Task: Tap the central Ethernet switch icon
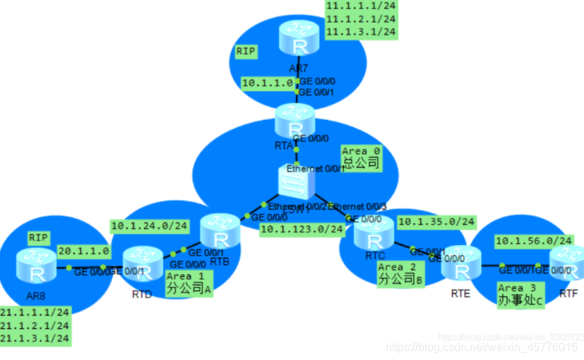[x=297, y=185]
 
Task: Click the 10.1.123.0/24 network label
[x=302, y=229]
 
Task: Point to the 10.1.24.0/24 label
[x=150, y=226]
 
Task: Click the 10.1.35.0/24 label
[x=436, y=222]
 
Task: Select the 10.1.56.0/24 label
[x=532, y=241]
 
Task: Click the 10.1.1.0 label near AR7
[x=268, y=83]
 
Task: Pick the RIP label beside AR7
[x=246, y=52]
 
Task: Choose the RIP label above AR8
[x=38, y=238]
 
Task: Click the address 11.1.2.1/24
[x=360, y=19]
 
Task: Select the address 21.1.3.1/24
[x=35, y=339]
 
